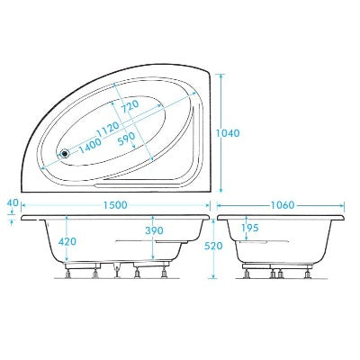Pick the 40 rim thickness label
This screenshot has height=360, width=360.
(x=11, y=203)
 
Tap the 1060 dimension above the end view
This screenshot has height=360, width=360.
(x=281, y=205)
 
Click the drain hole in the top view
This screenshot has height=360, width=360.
(x=64, y=153)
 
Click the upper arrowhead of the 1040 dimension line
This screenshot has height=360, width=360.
(x=221, y=76)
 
